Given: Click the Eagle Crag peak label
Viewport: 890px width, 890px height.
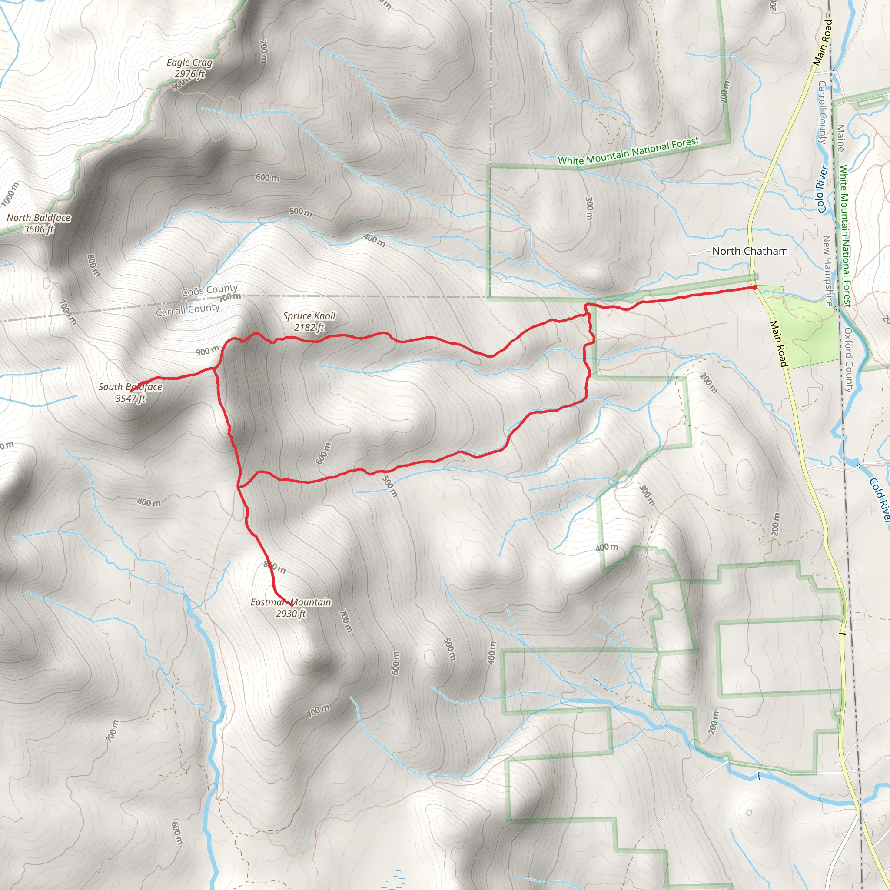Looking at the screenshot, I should click(189, 68).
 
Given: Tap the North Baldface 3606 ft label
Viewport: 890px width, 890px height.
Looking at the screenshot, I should click(39, 223).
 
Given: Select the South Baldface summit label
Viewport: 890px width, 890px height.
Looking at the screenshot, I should click(130, 392).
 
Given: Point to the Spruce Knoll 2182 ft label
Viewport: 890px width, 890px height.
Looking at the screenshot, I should click(309, 321).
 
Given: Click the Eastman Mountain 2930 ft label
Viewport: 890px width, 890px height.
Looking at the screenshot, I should click(291, 608).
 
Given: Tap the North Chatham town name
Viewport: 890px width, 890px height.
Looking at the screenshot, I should click(750, 251).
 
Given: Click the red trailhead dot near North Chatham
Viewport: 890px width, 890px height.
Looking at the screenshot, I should click(754, 287).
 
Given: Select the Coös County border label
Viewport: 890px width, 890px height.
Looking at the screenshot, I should click(209, 290).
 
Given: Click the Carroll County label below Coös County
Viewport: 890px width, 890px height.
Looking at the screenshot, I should click(187, 309).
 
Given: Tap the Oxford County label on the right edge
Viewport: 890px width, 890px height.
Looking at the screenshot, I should click(849, 360).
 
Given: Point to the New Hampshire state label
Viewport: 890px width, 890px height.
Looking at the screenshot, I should click(828, 271).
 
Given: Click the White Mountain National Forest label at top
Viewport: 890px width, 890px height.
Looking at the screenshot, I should click(629, 151).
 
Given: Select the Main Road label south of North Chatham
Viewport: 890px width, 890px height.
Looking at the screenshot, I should click(778, 344).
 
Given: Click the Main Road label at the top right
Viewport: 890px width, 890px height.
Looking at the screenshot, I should click(822, 43).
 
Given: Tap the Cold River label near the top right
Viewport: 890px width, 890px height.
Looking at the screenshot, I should click(822, 189).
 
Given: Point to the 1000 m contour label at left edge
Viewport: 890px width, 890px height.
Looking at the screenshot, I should click(10, 194).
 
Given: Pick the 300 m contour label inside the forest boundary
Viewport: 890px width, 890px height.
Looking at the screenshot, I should click(589, 208).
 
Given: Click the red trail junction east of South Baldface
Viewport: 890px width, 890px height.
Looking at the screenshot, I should click(215, 368).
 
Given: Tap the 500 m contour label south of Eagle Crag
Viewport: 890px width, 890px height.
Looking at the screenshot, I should click(300, 212).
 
